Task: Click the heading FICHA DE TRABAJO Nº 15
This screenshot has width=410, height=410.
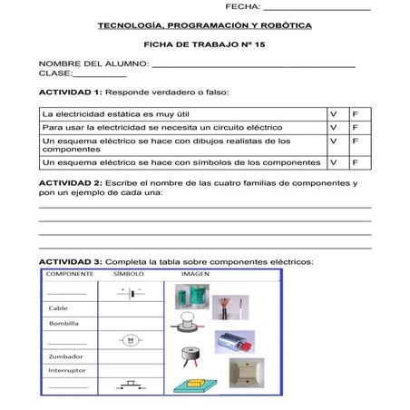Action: coord(205,44)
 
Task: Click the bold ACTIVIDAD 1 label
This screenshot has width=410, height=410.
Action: coord(70,93)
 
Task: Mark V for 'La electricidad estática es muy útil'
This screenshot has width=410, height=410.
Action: coord(334,114)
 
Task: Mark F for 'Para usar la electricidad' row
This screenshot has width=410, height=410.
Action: coord(356,128)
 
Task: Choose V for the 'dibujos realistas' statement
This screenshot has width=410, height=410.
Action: coord(334,142)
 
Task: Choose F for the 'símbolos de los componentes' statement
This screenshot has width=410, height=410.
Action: coord(356,162)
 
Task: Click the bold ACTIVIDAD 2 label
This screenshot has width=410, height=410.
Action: coord(70,183)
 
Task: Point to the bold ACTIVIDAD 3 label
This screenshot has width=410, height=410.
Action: coord(70,261)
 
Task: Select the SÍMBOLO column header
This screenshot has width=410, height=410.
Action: coord(129,274)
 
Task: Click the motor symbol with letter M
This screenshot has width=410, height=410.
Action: coord(130,340)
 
